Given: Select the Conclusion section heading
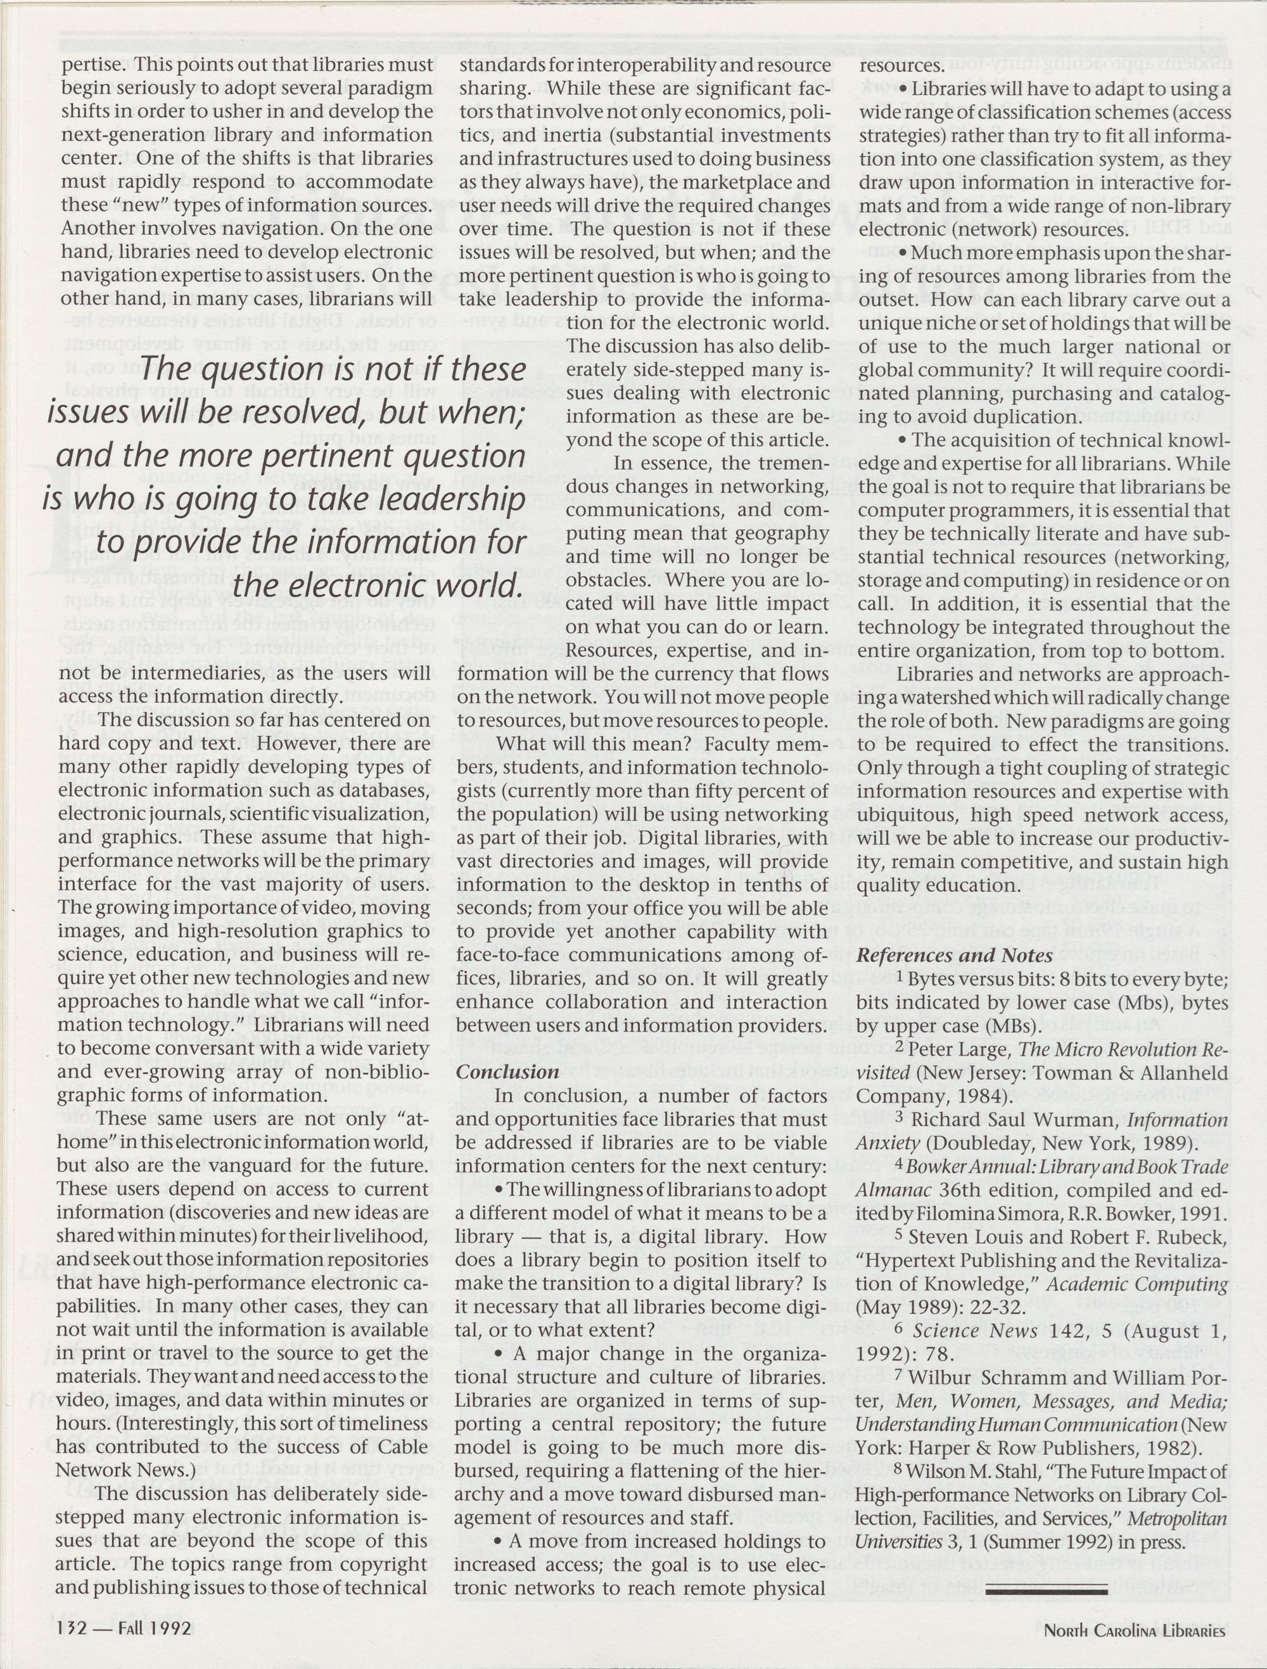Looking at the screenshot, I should (x=507, y=1072).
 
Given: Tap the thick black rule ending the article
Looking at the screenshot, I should (x=1046, y=1587).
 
